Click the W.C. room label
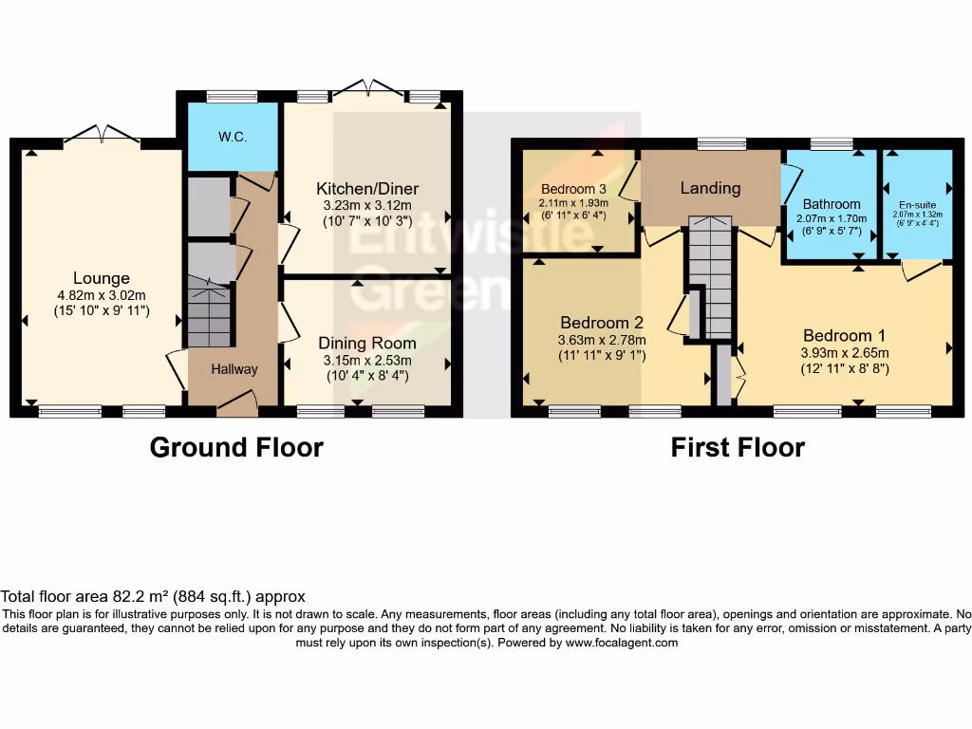click(233, 137)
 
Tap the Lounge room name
click(103, 278)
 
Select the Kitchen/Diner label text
click(367, 188)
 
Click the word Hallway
click(234, 369)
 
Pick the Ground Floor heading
click(236, 447)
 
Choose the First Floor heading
click(738, 447)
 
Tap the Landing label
click(710, 188)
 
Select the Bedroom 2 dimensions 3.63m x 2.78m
click(602, 340)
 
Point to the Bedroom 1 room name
click(844, 335)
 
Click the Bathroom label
click(832, 203)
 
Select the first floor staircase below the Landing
click(710, 275)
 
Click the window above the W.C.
click(232, 95)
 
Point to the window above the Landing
click(720, 144)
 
